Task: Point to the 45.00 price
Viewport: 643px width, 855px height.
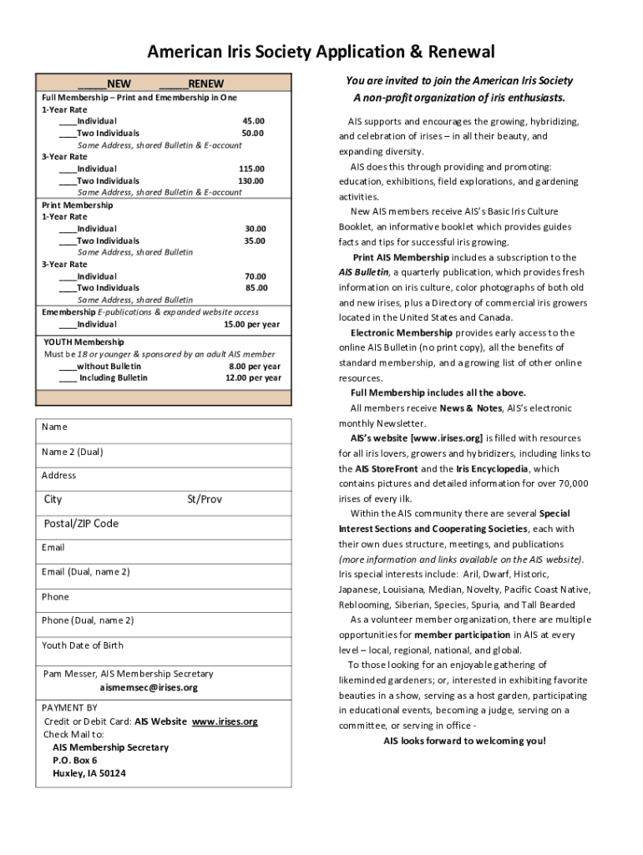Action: point(253,121)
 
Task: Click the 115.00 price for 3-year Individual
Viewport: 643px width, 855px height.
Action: point(251,169)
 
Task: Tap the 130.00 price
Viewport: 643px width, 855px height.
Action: point(251,180)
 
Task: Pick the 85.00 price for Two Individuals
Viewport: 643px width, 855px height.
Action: point(256,288)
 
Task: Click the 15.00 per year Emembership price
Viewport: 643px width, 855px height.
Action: point(251,324)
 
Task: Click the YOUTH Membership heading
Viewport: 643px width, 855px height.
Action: point(84,342)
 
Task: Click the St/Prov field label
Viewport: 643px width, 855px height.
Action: point(205,499)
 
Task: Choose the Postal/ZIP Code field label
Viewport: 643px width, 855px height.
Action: point(81,524)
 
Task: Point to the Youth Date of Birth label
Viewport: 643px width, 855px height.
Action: point(83,645)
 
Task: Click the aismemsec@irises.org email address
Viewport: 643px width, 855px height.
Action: point(149,687)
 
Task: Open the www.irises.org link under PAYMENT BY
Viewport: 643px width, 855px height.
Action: point(225,721)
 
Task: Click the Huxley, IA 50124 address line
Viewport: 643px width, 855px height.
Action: point(89,773)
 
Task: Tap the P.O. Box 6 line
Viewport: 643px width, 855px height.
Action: point(75,761)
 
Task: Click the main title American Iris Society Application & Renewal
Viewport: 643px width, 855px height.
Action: point(321,53)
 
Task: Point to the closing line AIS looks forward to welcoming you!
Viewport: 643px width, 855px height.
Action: point(464,741)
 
